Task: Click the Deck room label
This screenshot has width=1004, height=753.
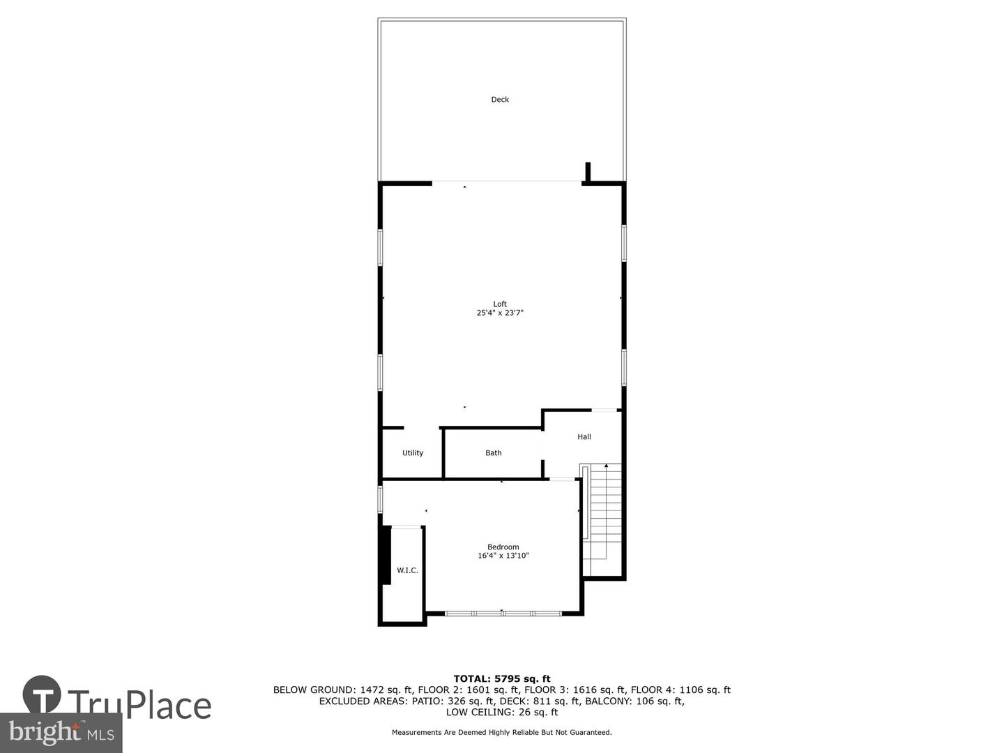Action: [x=500, y=100]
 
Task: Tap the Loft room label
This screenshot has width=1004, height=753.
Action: [x=500, y=304]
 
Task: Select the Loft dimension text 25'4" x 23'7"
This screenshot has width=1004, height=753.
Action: [x=500, y=314]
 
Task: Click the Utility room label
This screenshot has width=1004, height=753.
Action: [x=413, y=453]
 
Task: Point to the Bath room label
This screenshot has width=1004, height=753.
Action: [x=494, y=453]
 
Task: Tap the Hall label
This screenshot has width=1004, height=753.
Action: [x=584, y=437]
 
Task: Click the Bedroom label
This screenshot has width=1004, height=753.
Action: [x=503, y=547]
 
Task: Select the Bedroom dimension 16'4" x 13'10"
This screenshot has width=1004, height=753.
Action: [x=503, y=556]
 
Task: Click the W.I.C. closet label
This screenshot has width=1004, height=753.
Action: [x=407, y=570]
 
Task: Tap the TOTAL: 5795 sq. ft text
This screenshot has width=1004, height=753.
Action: [x=502, y=678]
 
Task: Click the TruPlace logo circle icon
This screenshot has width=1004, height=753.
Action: [x=42, y=694]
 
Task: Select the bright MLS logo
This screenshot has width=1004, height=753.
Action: [x=61, y=733]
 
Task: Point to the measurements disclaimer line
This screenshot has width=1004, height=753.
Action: [x=502, y=733]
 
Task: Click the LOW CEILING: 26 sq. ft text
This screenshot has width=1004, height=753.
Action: [x=502, y=713]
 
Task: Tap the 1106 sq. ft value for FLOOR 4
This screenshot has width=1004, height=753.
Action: [x=706, y=690]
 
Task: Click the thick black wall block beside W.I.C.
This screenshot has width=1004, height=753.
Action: [x=386, y=554]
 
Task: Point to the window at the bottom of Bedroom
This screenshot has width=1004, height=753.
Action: [x=503, y=614]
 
